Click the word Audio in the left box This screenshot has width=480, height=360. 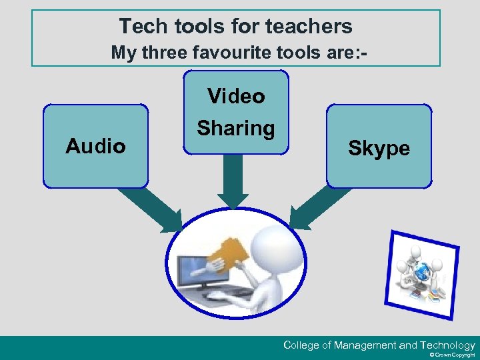pos(95,146)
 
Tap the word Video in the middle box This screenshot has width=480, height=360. pos(236,97)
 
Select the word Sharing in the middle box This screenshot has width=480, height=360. pos(236,128)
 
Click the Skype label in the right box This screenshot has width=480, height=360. pos(379,149)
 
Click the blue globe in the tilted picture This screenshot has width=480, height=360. pos(421,271)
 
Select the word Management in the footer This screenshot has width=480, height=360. pos(365,345)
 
